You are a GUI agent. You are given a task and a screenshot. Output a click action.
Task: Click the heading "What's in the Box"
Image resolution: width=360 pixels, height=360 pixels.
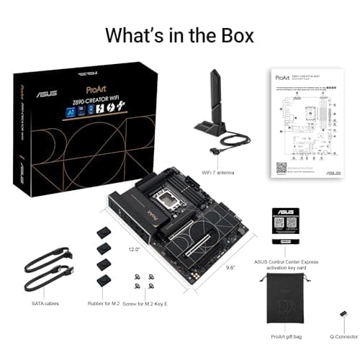click(x=180, y=35)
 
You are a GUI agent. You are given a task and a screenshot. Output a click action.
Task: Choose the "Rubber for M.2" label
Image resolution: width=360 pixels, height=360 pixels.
click(x=103, y=303)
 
